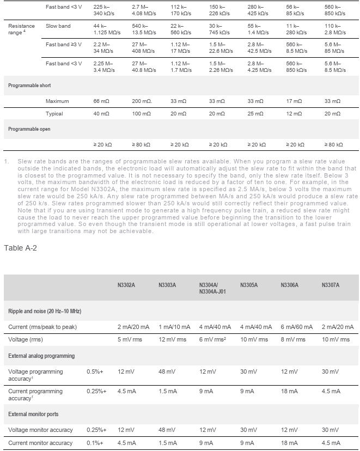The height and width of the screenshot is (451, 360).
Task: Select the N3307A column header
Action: pyautogui.click(x=331, y=284)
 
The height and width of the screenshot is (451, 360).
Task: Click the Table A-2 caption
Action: pyautogui.click(x=21, y=248)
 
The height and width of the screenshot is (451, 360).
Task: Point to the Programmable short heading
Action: pyautogui.click(x=29, y=86)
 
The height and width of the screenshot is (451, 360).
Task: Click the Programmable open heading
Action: pyautogui.click(x=29, y=129)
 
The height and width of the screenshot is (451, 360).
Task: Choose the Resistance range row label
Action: pyautogui.click(x=21, y=29)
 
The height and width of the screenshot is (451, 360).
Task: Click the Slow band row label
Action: pyautogui.click(x=58, y=26)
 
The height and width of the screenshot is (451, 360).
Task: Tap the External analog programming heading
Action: pyautogui.click(x=41, y=356)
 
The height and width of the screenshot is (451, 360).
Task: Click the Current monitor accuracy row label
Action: pyautogui.click(x=40, y=443)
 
